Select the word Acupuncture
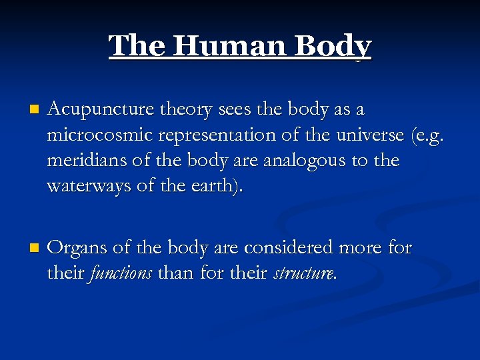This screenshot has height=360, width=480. click(x=101, y=109)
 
